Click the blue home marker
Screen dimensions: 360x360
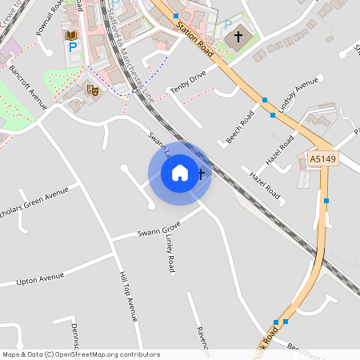[180, 173]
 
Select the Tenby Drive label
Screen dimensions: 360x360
[188, 82]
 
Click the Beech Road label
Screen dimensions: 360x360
[240, 127]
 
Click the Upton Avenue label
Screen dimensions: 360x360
[40, 278]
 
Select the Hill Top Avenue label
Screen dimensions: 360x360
[128, 296]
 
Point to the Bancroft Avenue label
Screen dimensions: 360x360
[28, 86]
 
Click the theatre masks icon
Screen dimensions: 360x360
[93, 90]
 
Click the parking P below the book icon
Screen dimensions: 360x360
[73, 49]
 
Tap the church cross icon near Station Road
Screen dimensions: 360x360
[237, 38]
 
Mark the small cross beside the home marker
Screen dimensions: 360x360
[201, 172]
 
